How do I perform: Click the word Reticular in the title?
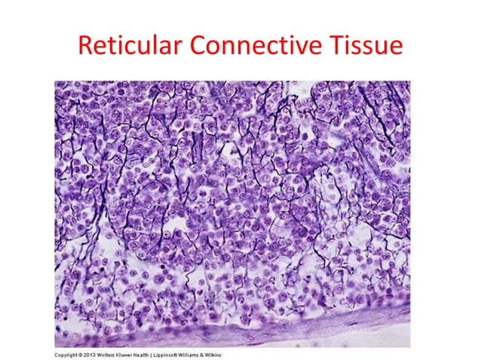point(130,46)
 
